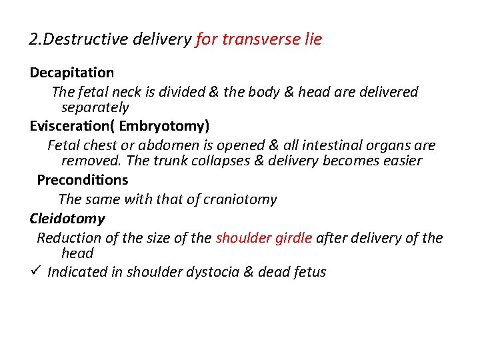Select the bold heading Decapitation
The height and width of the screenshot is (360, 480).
point(71,72)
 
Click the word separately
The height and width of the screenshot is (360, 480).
point(95,107)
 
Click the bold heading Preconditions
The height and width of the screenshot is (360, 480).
point(83,180)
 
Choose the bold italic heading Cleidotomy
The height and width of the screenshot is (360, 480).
point(67,219)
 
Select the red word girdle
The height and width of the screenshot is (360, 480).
point(293,238)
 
